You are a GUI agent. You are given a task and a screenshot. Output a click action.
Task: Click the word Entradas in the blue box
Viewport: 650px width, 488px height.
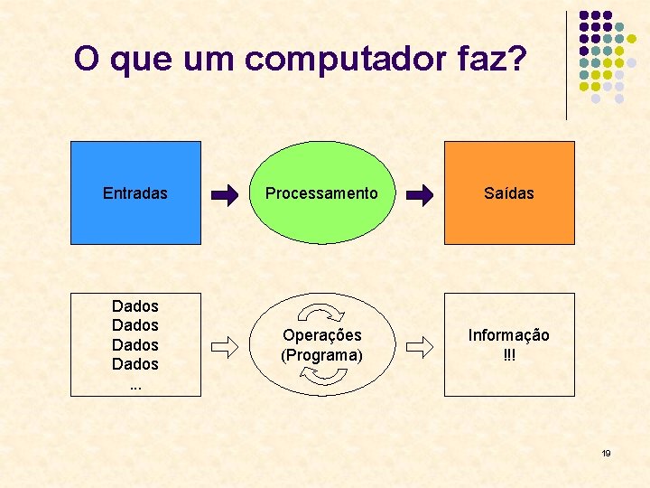135,193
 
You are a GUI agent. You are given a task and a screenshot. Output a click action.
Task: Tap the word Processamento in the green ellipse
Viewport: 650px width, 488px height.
321,193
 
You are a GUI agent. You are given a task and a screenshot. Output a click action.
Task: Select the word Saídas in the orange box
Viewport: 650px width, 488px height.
508,193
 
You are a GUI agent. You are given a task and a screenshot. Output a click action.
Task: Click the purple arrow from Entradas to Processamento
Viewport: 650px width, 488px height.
225,193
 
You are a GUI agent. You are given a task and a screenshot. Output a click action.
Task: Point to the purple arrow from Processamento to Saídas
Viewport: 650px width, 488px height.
420,193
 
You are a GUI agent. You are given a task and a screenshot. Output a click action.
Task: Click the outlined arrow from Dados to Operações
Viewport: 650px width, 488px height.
225,345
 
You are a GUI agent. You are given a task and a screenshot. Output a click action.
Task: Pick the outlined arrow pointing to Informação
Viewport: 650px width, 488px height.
420,345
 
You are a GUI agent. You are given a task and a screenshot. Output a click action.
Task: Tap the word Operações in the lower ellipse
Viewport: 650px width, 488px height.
321,335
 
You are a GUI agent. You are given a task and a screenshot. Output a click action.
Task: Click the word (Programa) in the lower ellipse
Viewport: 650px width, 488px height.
321,355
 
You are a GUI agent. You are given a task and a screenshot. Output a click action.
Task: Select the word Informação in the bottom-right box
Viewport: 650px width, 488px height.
508,335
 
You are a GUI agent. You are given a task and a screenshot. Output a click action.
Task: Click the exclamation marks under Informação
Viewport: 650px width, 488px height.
508,355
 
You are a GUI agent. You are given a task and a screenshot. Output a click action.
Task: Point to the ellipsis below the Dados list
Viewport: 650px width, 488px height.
135,383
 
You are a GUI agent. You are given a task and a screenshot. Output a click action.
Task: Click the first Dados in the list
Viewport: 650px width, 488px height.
135,306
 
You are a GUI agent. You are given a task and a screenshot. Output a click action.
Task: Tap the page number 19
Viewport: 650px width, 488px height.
607,453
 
